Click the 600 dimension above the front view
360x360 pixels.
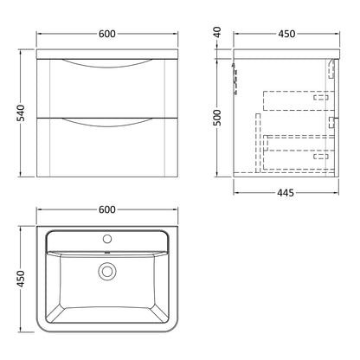point(107,34)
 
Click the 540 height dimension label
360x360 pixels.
point(22,113)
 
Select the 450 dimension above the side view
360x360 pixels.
point(286,34)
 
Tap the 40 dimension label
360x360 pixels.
point(218,32)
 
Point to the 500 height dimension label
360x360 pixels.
point(218,118)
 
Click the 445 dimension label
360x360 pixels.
point(286,193)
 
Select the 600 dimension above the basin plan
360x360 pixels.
point(107,209)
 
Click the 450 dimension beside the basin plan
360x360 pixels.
point(22,279)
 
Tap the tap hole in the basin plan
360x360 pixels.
point(107,239)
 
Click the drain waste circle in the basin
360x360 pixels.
point(107,272)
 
